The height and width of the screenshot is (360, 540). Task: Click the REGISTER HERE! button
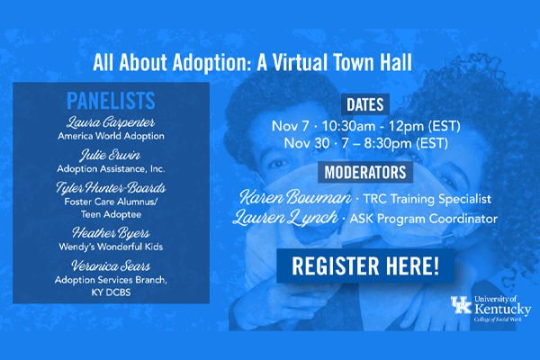365,266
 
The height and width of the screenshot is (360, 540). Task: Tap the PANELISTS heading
111,101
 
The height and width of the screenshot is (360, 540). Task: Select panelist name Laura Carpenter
111,122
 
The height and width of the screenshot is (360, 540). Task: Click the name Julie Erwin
111,155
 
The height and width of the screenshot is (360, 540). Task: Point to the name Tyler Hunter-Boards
111,188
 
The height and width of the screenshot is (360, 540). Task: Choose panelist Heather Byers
111,233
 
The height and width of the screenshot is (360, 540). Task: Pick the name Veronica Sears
111,265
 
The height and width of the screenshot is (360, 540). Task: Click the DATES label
365,104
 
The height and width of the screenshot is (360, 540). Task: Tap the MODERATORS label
365,172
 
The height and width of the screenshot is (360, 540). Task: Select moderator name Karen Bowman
295,197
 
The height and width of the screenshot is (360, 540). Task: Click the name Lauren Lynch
285,218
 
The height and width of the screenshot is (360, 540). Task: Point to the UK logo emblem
461,304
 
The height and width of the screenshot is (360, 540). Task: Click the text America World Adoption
111,137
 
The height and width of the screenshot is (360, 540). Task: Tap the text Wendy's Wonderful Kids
111,247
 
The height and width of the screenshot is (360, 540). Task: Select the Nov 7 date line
365,126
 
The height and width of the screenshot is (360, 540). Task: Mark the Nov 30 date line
365,143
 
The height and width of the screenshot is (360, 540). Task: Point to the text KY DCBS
111,292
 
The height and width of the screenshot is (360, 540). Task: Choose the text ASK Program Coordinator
424,219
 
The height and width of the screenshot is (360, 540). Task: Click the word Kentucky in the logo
503,309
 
